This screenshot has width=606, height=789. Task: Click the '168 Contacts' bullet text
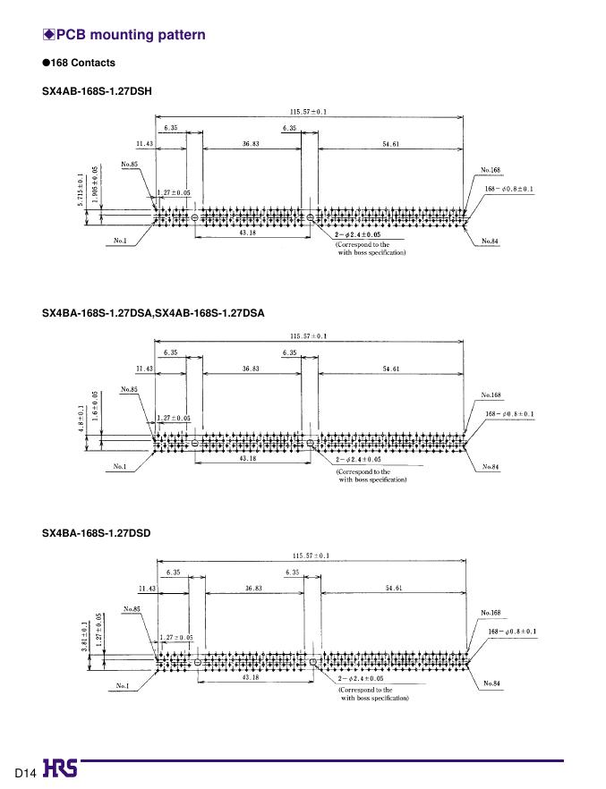83,63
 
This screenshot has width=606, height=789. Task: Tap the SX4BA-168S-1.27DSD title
97,533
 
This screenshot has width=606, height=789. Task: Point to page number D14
23,771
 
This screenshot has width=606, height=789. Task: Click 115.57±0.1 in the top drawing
309,112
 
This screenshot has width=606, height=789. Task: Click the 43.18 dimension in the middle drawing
249,458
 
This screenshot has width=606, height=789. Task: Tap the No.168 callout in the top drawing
490,169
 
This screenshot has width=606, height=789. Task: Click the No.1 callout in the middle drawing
120,465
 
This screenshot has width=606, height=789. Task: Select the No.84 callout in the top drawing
490,241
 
